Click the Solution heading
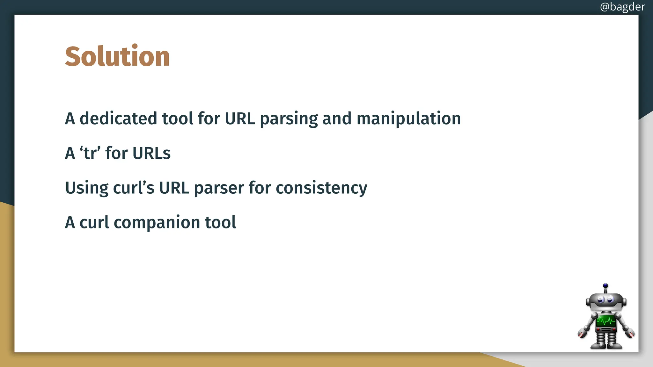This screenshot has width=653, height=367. pos(117,56)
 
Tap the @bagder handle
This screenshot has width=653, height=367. pos(622,7)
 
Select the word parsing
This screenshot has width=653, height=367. pos(289,119)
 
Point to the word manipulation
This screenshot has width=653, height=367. pos(408,119)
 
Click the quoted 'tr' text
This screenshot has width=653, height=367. pos(90,153)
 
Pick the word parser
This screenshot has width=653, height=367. pos(219,188)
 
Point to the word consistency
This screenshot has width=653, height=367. pos(321,188)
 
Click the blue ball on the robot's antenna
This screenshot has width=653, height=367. pos(605,285)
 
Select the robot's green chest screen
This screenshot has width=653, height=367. pos(605,320)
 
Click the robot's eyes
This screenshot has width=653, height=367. pos(605,299)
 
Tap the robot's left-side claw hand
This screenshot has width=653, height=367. pos(582,334)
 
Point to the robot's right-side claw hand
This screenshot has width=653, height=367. pos(630,334)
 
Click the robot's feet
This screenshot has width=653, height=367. pos(606,346)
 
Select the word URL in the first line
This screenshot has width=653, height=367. pos(240,119)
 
